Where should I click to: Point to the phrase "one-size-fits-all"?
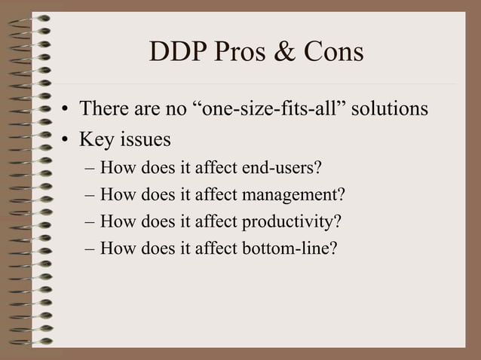(274, 109)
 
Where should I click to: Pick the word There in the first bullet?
(103, 109)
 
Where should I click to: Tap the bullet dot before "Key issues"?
(66, 141)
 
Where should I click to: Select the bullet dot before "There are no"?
(66, 111)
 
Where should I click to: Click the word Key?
(95, 140)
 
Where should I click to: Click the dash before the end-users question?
(90, 167)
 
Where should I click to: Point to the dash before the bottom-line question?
(90, 249)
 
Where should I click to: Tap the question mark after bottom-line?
(334, 249)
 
